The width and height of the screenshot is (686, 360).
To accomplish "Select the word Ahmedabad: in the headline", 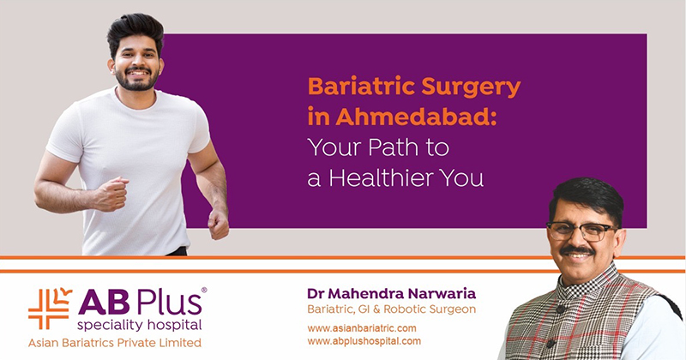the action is pos(416,116).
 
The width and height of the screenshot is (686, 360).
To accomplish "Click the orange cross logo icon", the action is pos(50,309).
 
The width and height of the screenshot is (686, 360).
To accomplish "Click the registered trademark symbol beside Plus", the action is pos(204,290).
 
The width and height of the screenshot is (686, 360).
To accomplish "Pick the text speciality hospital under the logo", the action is pos(139,325).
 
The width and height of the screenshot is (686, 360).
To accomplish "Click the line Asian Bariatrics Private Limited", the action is pos(115,343).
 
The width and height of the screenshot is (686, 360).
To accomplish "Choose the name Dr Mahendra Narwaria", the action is pos(391,293).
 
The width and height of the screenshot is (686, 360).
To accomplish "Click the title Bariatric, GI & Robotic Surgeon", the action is pos(391,309).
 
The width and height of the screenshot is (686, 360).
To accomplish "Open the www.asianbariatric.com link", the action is pos(362,328).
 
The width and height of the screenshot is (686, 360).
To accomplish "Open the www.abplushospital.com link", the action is pos(364,341).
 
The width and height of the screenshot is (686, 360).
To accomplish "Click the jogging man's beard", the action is pos(137,80).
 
